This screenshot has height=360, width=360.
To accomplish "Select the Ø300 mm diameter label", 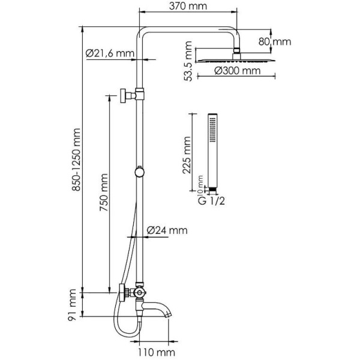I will (x=238, y=71).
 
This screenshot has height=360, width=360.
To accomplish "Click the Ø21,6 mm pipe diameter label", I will (x=110, y=53).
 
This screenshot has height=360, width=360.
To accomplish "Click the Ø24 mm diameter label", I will (x=167, y=230).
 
